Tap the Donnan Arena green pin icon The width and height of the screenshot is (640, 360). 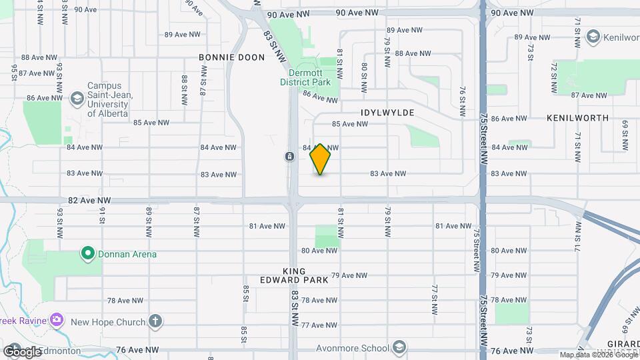pyautogui.click(x=87, y=253)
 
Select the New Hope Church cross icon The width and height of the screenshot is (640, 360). pyautogui.click(x=155, y=321)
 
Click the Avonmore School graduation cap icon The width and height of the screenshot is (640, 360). pyautogui.click(x=399, y=347)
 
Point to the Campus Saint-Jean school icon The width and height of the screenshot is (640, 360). pyautogui.click(x=77, y=99)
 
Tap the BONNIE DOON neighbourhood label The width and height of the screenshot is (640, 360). pyautogui.click(x=231, y=57)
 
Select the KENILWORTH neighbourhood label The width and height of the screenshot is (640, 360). pyautogui.click(x=577, y=118)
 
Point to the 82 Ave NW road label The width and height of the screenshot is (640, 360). pyautogui.click(x=85, y=199)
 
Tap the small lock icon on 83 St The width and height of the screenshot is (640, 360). pyautogui.click(x=289, y=156)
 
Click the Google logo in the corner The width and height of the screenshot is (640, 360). pyautogui.click(x=22, y=352)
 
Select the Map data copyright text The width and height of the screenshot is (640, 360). pyautogui.click(x=597, y=355)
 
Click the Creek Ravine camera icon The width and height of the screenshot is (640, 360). pyautogui.click(x=56, y=320)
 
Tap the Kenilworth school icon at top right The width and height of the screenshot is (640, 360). pyautogui.click(x=593, y=38)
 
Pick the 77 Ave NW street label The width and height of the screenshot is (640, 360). pyautogui.click(x=319, y=325)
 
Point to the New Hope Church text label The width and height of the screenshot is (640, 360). pyautogui.click(x=108, y=322)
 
